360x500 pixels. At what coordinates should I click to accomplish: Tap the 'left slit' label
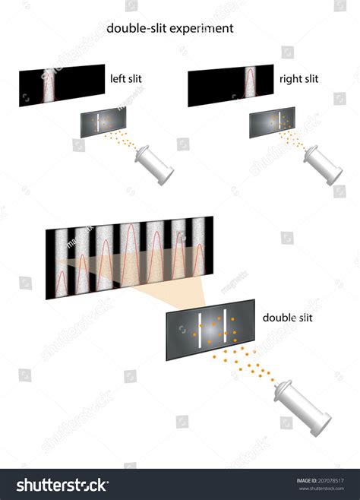[x=126, y=77]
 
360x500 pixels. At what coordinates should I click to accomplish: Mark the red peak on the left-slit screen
[x=50, y=84]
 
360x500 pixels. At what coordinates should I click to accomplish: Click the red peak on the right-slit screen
[x=247, y=84]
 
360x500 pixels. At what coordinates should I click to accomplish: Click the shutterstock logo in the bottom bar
[x=61, y=484]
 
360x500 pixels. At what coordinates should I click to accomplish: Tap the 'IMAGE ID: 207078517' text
[x=323, y=479]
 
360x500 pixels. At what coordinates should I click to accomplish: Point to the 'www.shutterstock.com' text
[x=323, y=489]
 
